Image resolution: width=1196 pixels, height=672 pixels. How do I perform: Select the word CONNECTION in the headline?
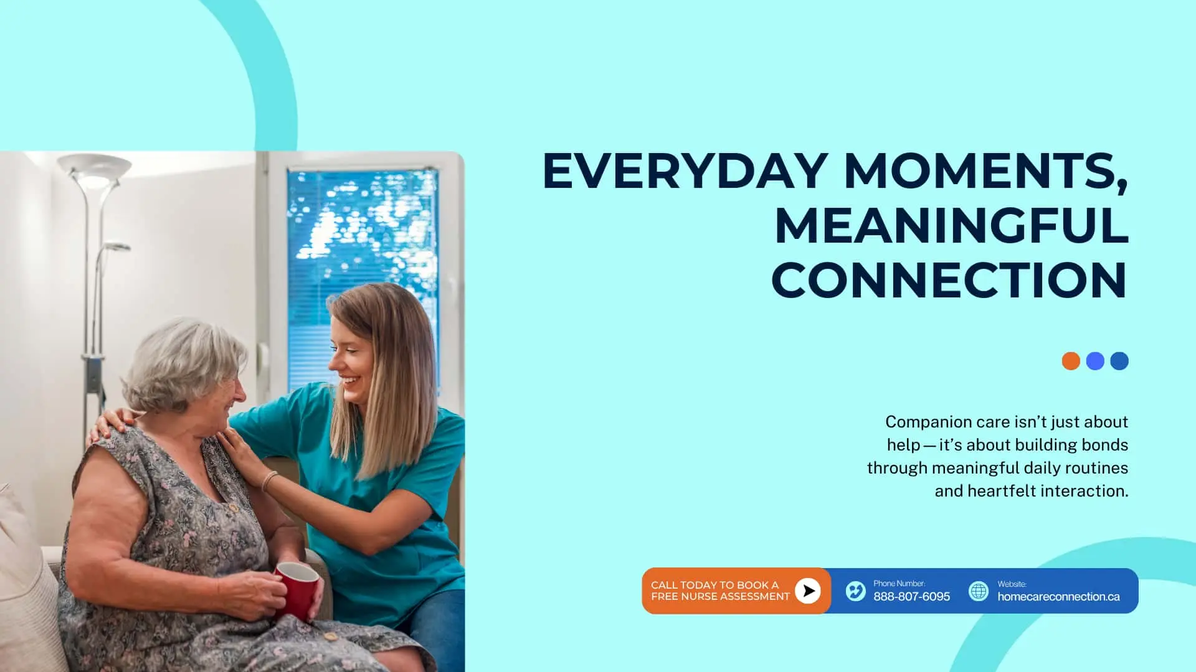(x=949, y=280)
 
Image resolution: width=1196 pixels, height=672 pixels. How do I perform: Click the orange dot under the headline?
(x=1071, y=361)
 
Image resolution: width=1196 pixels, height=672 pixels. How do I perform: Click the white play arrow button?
(x=807, y=590)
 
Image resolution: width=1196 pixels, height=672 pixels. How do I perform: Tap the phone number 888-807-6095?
(x=911, y=597)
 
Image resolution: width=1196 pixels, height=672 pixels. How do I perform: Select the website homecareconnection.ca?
(x=1058, y=597)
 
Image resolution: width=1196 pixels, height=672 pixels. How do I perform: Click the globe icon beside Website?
(x=978, y=590)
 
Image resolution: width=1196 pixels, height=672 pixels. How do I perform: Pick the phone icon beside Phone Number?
(x=855, y=590)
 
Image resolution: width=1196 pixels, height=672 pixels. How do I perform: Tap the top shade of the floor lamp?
(x=94, y=168)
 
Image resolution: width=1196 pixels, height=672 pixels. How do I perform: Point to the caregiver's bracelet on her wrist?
(x=269, y=480)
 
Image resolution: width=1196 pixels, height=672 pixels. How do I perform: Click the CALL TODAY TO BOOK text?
(x=714, y=585)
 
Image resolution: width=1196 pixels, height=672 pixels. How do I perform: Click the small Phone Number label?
(x=899, y=584)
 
